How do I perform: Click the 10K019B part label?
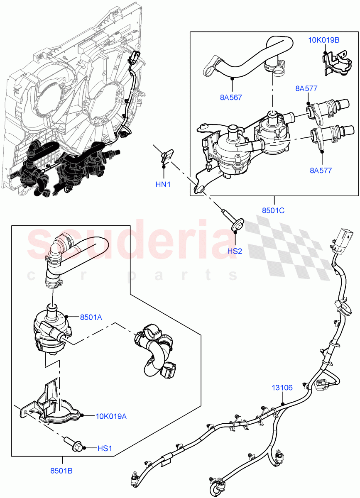324,40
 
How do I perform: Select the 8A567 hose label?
231,98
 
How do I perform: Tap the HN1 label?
163,184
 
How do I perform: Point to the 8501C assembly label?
273,210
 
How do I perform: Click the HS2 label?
235,251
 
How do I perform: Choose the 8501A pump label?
91,317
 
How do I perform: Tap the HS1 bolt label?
105,448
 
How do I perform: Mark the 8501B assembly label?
62,471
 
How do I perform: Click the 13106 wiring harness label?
282,388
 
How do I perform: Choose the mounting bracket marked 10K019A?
54,405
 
